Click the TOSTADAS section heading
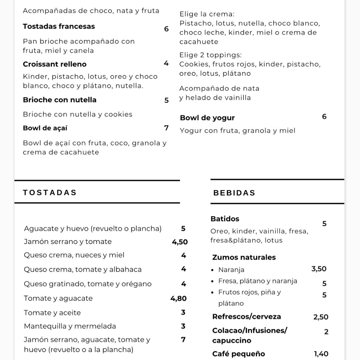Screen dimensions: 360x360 click(x=50, y=193)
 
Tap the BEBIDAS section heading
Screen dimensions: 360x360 click(x=234, y=193)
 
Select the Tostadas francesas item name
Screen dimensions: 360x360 click(x=59, y=26)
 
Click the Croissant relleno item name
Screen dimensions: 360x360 click(x=55, y=64)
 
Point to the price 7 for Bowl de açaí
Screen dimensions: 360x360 click(x=166, y=128)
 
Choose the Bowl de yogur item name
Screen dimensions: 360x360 click(x=207, y=118)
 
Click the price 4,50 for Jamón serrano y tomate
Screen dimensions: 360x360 click(x=180, y=242)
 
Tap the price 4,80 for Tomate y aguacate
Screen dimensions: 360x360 click(x=178, y=298)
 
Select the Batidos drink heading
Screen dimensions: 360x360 click(x=225, y=219)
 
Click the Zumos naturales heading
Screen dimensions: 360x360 click(x=244, y=257)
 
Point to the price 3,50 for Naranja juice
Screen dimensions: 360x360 click(x=319, y=269)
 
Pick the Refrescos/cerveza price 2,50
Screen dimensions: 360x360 click(x=321, y=317)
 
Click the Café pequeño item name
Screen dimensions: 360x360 click(x=238, y=354)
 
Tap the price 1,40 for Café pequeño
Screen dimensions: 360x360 click(x=321, y=354)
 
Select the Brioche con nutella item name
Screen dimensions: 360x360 click(x=60, y=100)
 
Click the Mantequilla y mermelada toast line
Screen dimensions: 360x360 click(x=70, y=326)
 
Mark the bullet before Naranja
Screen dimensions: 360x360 click(x=212, y=270)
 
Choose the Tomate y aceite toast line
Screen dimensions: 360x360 click(x=52, y=313)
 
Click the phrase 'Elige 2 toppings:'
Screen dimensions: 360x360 click(x=210, y=55)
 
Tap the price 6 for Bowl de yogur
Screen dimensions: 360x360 click(x=324, y=117)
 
